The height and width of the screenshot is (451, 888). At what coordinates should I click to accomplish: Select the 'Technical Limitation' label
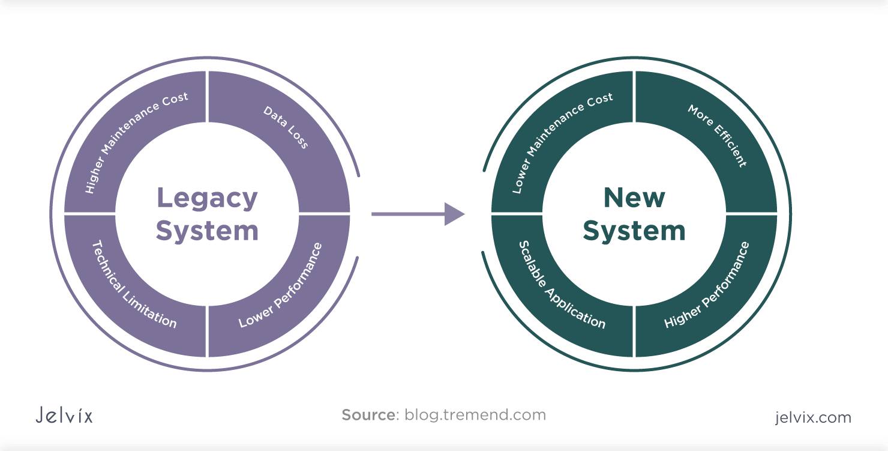[x=134, y=285]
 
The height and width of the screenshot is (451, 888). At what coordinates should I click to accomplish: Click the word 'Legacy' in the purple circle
[x=207, y=199]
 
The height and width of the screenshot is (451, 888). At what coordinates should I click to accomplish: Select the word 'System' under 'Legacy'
[x=207, y=231]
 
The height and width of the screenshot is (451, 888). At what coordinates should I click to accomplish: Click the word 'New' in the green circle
[x=634, y=198]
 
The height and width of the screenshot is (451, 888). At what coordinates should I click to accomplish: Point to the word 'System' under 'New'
[x=634, y=231]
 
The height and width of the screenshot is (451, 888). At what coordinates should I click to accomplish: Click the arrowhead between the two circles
[x=454, y=214]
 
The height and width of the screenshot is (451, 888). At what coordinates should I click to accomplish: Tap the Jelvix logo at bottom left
[x=64, y=416]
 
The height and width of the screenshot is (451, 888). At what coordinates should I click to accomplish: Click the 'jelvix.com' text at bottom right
[x=812, y=417]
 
